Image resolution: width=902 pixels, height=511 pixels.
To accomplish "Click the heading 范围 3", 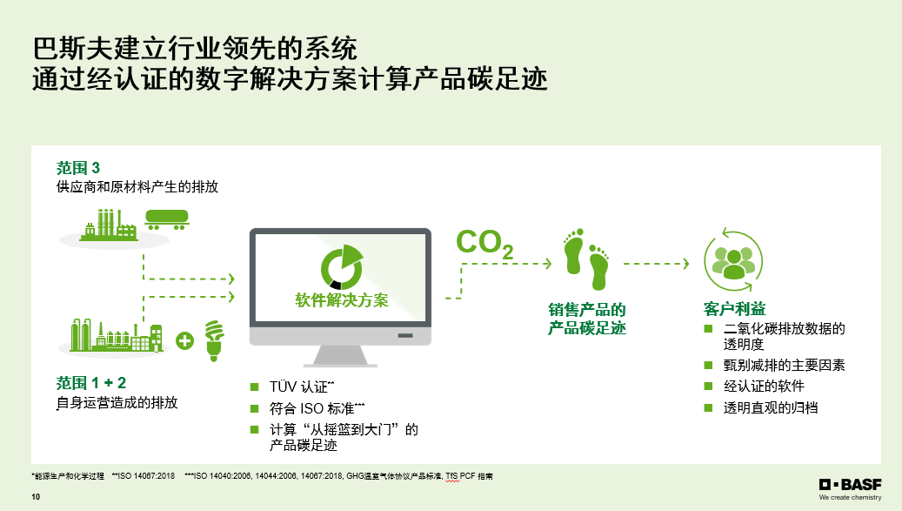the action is [x=78, y=168].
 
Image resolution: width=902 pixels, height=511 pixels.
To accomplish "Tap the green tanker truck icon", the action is [x=166, y=219].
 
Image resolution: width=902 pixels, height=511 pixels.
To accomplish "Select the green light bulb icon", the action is [x=214, y=340].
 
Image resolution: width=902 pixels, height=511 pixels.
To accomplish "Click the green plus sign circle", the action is [x=184, y=340].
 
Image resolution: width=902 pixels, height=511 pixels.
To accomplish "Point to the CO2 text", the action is [x=484, y=244].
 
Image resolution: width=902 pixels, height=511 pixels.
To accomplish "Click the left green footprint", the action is [x=574, y=252].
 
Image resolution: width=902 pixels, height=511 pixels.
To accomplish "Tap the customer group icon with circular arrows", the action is [x=733, y=260].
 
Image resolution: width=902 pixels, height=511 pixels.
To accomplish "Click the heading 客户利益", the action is [x=735, y=309].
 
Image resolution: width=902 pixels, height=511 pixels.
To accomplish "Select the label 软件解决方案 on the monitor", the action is [x=342, y=299].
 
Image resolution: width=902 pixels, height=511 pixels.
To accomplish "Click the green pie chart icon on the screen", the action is [x=342, y=267].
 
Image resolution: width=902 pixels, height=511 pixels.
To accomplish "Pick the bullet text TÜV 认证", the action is [x=302, y=387].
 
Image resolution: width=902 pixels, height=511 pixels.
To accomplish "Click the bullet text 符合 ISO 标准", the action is [x=317, y=408].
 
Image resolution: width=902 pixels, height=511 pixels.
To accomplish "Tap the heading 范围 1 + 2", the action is [x=90, y=383].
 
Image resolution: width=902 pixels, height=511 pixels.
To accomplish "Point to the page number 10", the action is [x=36, y=496].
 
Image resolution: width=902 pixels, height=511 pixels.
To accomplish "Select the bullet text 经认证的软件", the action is [x=764, y=387].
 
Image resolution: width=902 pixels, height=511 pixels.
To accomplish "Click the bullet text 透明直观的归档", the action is [x=771, y=408].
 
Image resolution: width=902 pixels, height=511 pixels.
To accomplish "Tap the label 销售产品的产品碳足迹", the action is [x=587, y=319].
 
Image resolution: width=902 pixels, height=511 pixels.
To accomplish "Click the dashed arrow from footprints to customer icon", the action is [x=657, y=264].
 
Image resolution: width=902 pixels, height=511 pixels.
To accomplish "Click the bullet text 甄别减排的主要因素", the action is [x=784, y=365].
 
